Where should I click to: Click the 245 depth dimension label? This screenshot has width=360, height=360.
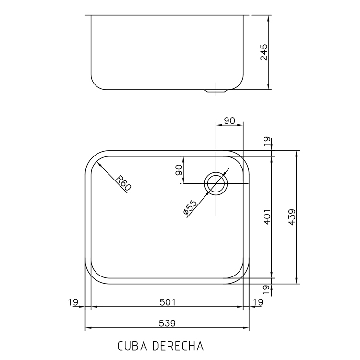coord(264,52)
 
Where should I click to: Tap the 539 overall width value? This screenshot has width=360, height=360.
coord(167,323)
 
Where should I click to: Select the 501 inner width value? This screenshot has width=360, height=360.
coord(168,302)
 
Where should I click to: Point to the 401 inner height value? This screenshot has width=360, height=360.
coord(267,216)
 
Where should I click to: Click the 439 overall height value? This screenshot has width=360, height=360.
coord(292,217)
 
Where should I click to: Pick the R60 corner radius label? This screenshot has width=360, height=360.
coord(123,183)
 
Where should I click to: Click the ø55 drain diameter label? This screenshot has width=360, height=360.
coord(190,207)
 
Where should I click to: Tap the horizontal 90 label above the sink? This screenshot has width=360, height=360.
coord(229,121)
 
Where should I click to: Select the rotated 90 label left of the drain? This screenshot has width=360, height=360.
coord(179,170)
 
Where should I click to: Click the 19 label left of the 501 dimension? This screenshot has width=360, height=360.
coord(73,302)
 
